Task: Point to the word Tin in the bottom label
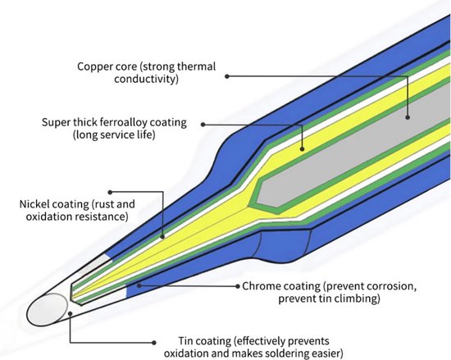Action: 186,341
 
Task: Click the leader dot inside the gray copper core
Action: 408,117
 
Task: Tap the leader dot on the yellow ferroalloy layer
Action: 302,148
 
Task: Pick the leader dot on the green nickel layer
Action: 162,237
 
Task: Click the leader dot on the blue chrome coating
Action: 139,285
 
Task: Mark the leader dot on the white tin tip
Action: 70,313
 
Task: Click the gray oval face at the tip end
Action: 48,310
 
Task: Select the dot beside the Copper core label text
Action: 227,76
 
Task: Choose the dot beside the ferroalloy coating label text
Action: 203,125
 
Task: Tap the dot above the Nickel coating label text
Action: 110,192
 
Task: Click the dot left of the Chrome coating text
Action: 238,286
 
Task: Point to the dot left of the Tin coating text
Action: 154,343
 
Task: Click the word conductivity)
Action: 146,79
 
